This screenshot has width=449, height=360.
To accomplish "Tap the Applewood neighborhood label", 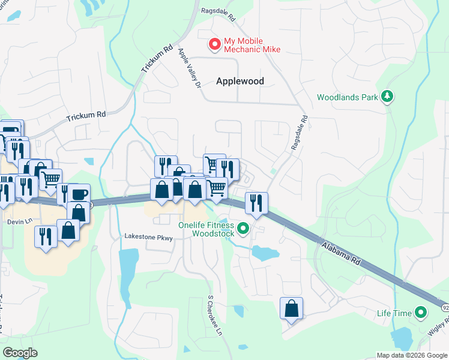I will (x=240, y=81).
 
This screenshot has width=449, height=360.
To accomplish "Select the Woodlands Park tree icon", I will (x=388, y=96).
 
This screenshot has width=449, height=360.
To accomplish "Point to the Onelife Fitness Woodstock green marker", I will (x=243, y=228).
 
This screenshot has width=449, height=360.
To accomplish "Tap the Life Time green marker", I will (x=421, y=313).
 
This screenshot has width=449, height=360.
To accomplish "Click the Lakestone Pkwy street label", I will (x=148, y=238).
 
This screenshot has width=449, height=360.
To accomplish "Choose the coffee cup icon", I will (x=79, y=194).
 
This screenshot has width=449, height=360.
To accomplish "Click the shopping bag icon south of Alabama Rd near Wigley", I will (x=291, y=309).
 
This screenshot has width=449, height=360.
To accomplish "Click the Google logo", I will (x=20, y=353).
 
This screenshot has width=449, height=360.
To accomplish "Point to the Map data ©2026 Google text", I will (x=411, y=355).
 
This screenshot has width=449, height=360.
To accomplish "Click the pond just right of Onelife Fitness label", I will (x=265, y=253).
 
